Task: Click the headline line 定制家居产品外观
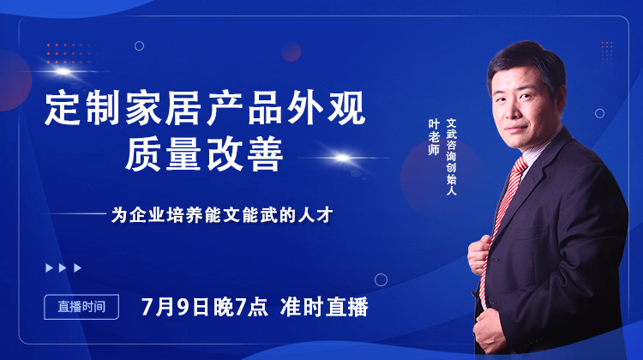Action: point(205,110)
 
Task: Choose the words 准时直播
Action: point(325,306)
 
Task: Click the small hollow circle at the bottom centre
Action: point(381,279)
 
